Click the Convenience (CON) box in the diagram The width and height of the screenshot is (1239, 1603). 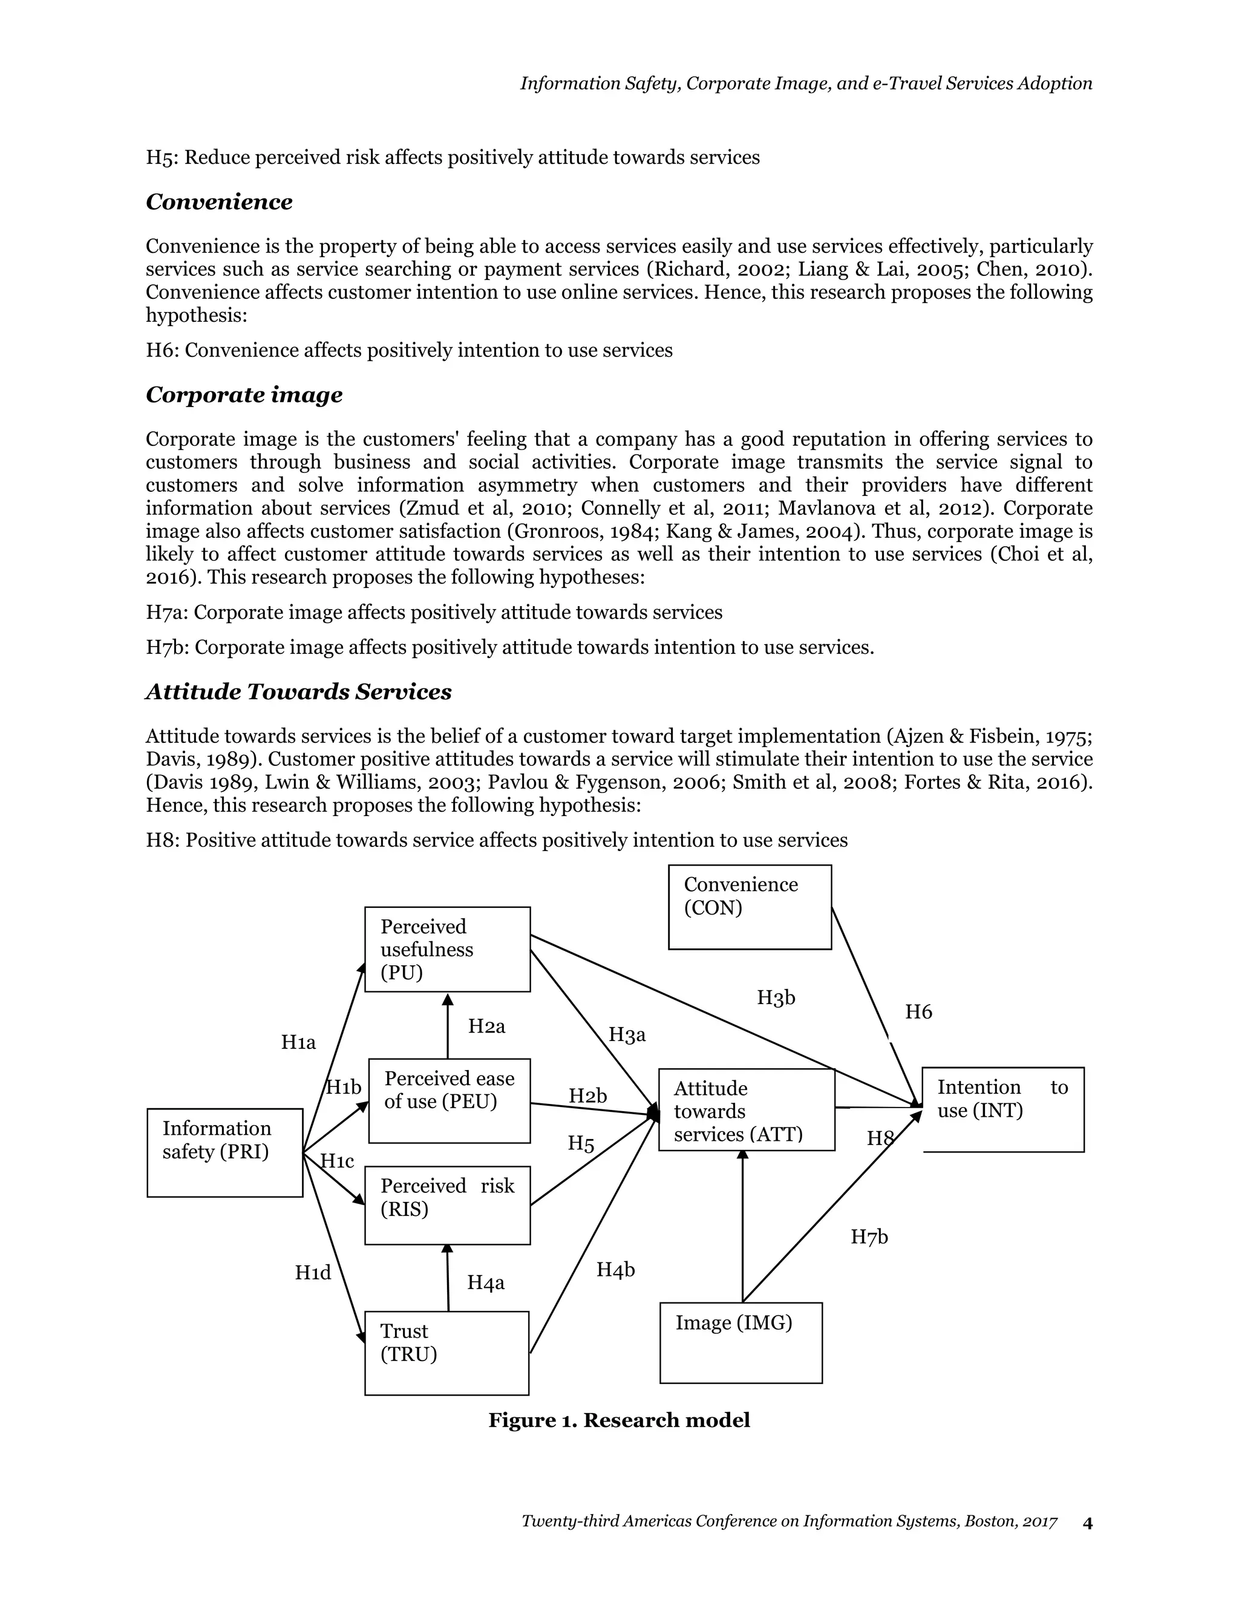click(750, 907)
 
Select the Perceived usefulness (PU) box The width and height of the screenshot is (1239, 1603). click(447, 949)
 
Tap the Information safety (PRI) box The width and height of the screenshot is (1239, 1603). click(224, 1152)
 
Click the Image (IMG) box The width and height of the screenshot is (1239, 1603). click(740, 1342)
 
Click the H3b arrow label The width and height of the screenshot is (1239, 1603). click(776, 997)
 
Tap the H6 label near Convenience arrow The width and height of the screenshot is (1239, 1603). click(918, 1012)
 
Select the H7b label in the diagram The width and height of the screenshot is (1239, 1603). click(869, 1237)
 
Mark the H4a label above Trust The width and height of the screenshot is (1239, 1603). click(486, 1282)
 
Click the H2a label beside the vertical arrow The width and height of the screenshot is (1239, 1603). click(486, 1026)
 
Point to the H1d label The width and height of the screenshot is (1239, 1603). click(313, 1272)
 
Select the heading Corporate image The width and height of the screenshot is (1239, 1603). click(244, 395)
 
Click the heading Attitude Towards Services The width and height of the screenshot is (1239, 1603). click(298, 691)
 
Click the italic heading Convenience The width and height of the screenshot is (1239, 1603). click(219, 202)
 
